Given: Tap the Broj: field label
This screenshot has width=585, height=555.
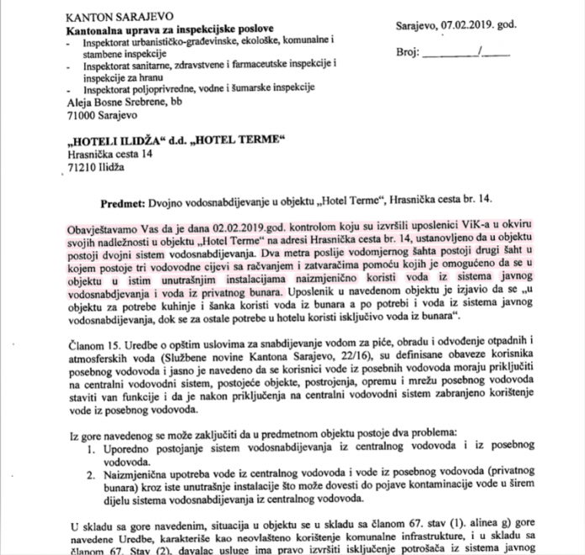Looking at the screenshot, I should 409,52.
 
